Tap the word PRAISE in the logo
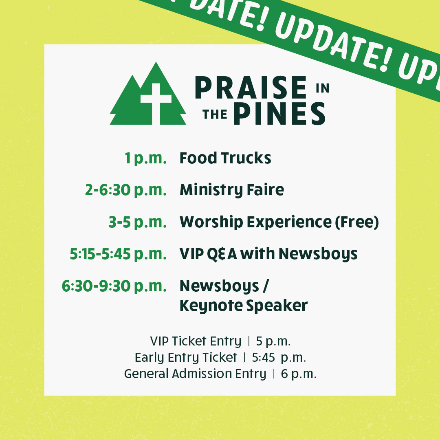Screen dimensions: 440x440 pyautogui.click(x=251, y=88)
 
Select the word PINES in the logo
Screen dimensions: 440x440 pyautogui.click(x=279, y=113)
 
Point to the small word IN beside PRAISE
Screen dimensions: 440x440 pyautogui.click(x=322, y=88)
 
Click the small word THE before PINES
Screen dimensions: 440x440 pyautogui.click(x=215, y=114)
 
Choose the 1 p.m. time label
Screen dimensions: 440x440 pyautogui.click(x=145, y=158)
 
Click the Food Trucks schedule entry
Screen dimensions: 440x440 pyautogui.click(x=225, y=158)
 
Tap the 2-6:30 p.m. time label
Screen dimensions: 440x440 pyautogui.click(x=126, y=190)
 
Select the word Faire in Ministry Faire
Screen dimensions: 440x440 pyautogui.click(x=266, y=190)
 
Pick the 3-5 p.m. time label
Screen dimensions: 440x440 pyautogui.click(x=138, y=222)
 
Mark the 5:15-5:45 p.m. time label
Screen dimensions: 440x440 pyautogui.click(x=118, y=254)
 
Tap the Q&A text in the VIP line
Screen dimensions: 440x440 pyautogui.click(x=222, y=254)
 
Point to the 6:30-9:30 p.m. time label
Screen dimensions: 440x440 pyautogui.click(x=114, y=286)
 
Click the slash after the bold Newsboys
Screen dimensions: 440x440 pyautogui.click(x=266, y=286)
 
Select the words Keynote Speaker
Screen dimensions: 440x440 pyautogui.click(x=244, y=306)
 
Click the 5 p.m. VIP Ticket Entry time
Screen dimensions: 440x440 pyautogui.click(x=273, y=341)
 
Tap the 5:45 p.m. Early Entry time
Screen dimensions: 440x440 pyautogui.click(x=279, y=358)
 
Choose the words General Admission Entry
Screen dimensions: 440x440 pyautogui.click(x=195, y=374)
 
